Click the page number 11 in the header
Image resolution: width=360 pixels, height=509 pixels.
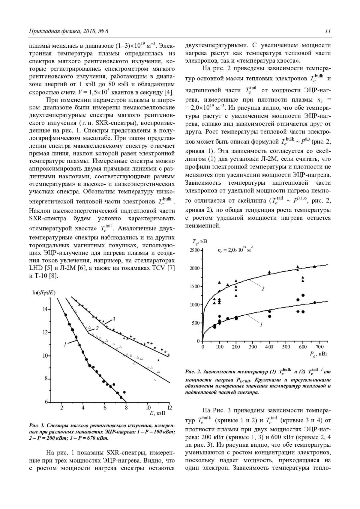point(328,31)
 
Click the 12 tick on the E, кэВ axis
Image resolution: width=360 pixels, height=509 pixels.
point(169,407)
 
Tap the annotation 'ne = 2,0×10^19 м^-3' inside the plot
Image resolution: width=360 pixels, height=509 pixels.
point(235,250)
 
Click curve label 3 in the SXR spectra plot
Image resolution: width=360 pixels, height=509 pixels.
point(114,319)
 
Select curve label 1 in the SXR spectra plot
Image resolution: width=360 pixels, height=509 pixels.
point(65,345)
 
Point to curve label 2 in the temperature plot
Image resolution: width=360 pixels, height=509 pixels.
point(263,289)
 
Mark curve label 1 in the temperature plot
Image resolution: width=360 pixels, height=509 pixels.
point(261,324)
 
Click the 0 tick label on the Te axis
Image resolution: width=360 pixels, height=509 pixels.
point(198,341)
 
